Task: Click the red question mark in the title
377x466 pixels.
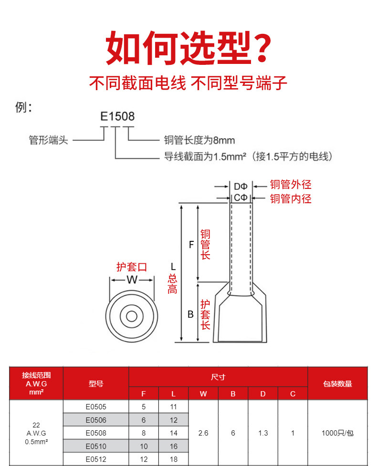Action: (261, 48)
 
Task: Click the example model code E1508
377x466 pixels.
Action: (117, 116)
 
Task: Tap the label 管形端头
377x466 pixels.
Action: (48, 140)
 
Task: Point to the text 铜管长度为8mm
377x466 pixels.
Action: (199, 140)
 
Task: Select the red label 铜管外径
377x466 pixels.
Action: (291, 185)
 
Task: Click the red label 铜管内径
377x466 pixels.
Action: (291, 198)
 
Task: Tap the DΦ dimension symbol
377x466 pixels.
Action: (241, 186)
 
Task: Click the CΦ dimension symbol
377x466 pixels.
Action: (241, 197)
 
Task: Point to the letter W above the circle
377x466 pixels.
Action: (132, 280)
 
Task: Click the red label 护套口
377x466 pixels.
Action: (132, 267)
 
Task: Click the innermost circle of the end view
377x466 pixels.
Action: (132, 316)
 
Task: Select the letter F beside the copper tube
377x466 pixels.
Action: (191, 245)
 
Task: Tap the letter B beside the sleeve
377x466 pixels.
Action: (190, 314)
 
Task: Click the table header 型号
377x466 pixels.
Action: (96, 383)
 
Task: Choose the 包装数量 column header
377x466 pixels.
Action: (337, 383)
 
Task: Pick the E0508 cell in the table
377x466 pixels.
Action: (96, 433)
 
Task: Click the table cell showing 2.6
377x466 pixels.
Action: (203, 433)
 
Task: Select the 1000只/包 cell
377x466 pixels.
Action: (337, 433)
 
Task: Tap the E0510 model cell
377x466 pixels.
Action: (96, 446)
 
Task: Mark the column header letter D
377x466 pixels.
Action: (263, 394)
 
